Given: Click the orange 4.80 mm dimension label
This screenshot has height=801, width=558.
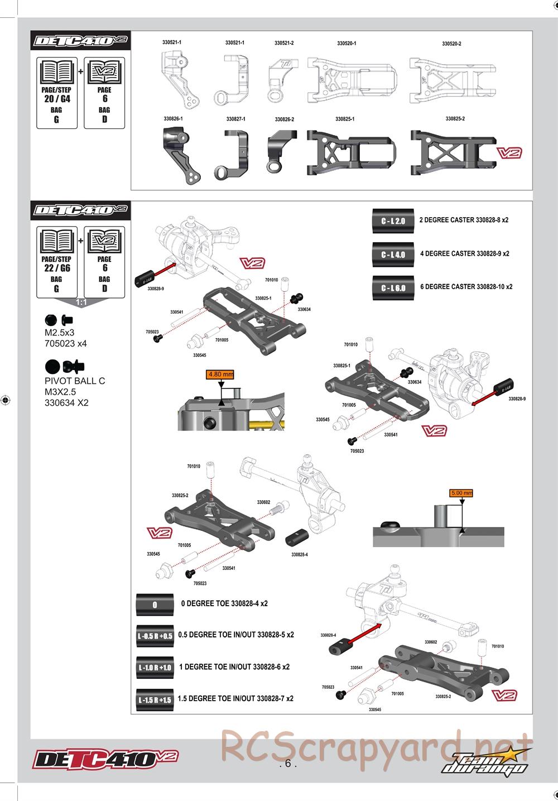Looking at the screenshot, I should pos(220,375).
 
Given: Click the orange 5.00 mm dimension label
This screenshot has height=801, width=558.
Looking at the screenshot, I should pos(461,493).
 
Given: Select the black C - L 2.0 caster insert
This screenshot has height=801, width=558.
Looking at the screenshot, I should pos(393,220).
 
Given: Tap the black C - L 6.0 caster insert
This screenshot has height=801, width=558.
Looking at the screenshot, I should pos(393,288).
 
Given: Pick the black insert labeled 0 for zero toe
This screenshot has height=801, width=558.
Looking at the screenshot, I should pos(155,605).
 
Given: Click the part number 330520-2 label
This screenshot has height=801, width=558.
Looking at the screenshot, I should pos(451,44).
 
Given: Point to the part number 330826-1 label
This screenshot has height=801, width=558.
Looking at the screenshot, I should pos(173,119).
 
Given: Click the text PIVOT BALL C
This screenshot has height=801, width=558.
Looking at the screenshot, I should pos(75,381).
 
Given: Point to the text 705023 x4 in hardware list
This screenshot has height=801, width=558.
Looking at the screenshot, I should pos(66,343).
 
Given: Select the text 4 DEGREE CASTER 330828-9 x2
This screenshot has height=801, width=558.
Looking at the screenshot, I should pos(464,253).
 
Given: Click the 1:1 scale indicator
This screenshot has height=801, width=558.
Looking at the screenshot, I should pos(81,302).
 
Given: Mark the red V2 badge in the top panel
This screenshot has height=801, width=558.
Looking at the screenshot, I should pos(509,154).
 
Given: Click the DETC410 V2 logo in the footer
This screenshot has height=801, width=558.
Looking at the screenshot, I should pos(106,759).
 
